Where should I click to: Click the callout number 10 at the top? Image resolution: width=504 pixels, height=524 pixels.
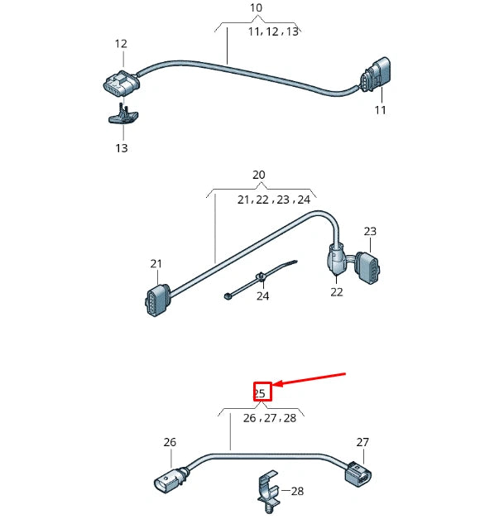[256, 8]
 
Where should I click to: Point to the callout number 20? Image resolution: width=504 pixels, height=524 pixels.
[258, 175]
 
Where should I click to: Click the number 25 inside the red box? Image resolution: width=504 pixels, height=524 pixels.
[261, 392]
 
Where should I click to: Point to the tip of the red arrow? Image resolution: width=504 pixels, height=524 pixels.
[276, 384]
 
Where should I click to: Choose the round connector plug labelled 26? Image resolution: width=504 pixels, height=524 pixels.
[169, 481]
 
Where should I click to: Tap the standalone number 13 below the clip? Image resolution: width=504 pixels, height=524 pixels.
[122, 148]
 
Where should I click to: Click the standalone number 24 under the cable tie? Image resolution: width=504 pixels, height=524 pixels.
[262, 296]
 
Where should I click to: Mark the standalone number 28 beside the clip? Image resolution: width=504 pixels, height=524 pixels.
[296, 491]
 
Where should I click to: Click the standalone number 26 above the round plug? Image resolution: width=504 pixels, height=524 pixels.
[170, 442]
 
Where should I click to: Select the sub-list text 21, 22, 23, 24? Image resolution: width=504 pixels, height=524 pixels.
[273, 200]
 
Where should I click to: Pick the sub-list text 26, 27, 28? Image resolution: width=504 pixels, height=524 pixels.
[269, 418]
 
